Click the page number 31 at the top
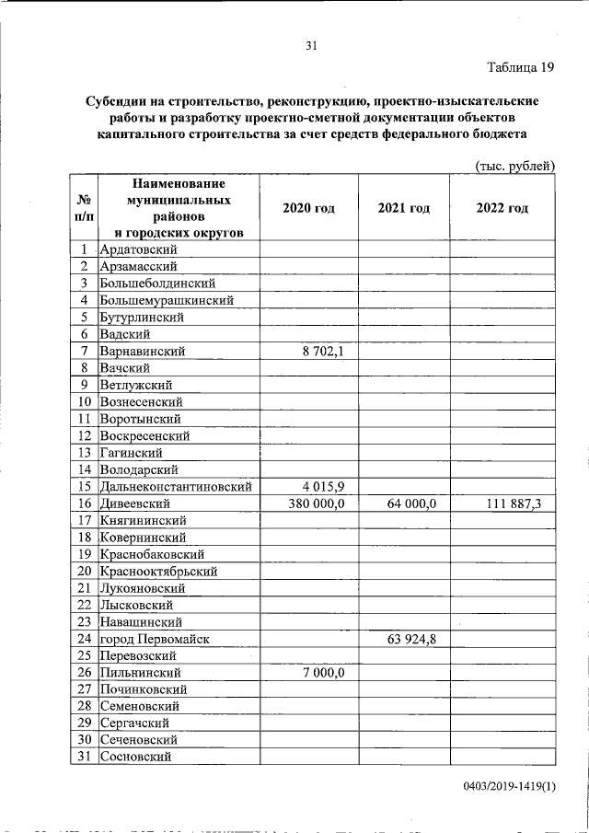pyautogui.click(x=311, y=47)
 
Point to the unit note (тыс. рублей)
pyautogui.click(x=514, y=166)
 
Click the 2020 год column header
pyautogui.click(x=308, y=208)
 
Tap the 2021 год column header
pyautogui.click(x=403, y=208)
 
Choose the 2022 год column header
pyautogui.click(x=502, y=208)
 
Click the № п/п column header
pyautogui.click(x=84, y=207)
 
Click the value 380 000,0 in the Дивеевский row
pyautogui.click(x=316, y=503)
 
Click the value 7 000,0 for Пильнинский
pyautogui.click(x=323, y=672)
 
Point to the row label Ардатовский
pyautogui.click(x=139, y=249)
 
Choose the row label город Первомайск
pyautogui.click(x=156, y=638)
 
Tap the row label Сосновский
pyautogui.click(x=138, y=757)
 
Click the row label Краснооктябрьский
pyautogui.click(x=158, y=571)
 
